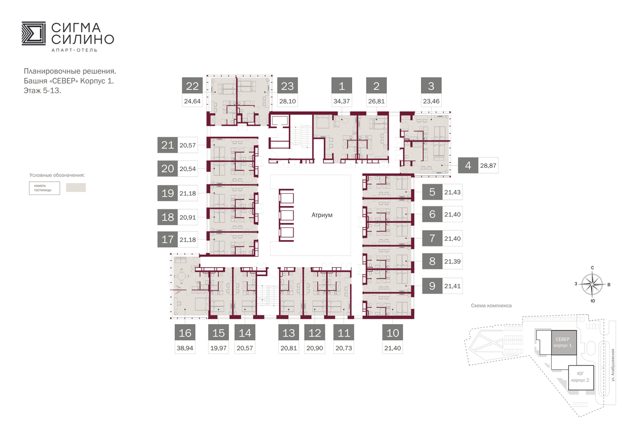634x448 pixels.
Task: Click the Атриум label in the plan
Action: (x=322, y=215)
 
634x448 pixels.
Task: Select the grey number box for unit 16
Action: (x=185, y=332)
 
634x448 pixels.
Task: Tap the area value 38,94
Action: (x=185, y=348)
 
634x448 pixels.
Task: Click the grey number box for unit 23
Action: (x=287, y=86)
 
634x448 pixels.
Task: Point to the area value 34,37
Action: (x=342, y=101)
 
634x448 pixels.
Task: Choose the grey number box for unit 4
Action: (x=468, y=165)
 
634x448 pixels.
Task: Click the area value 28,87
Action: (x=488, y=166)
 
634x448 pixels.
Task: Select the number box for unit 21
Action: (x=167, y=145)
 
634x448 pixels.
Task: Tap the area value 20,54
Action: (x=188, y=169)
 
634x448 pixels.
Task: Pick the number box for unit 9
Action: (x=432, y=286)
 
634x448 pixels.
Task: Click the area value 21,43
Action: (x=452, y=193)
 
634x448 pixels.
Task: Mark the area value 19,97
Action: (x=218, y=348)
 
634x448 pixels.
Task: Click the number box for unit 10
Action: (x=393, y=332)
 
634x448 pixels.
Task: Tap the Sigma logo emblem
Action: (x=34, y=33)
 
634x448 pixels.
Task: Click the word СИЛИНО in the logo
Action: (x=83, y=39)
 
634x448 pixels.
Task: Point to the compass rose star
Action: (x=592, y=284)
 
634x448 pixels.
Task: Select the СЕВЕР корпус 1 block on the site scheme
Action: (x=564, y=343)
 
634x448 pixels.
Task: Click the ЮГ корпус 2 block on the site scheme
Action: (x=581, y=378)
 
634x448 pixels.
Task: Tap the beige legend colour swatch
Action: (x=76, y=188)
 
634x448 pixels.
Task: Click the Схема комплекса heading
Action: (x=491, y=305)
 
